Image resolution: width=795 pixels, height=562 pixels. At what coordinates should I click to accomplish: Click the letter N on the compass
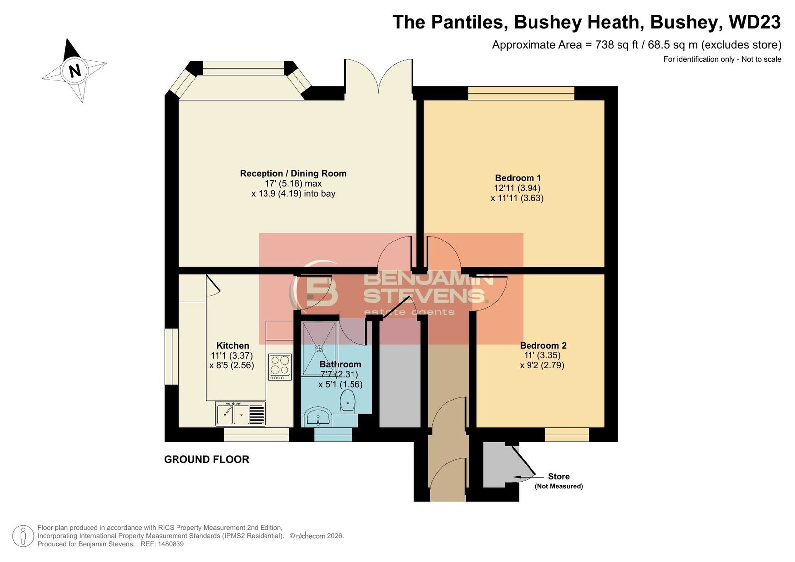click(75, 70)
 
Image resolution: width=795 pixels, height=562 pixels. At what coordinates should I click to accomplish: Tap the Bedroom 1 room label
click(518, 178)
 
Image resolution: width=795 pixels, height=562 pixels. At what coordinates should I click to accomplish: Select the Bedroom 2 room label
click(543, 345)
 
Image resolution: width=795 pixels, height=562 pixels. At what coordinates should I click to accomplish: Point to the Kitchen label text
click(233, 345)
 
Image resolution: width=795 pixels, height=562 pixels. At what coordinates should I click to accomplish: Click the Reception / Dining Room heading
click(293, 173)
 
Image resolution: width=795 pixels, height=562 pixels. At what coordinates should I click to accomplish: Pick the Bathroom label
click(340, 364)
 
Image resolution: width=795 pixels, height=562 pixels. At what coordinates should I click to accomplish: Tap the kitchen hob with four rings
click(280, 367)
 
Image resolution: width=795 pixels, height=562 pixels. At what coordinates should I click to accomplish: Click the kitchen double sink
click(240, 414)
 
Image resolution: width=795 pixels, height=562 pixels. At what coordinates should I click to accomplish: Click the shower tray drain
click(319, 349)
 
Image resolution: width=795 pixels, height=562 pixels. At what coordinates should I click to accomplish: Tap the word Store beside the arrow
click(559, 476)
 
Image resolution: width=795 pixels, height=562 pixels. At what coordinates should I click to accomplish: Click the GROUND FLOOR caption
click(206, 460)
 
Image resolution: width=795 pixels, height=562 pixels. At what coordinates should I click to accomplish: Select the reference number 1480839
click(171, 544)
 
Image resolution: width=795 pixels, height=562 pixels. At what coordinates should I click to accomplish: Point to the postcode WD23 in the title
click(755, 22)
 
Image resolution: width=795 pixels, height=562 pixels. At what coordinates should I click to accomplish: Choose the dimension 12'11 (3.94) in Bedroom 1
click(517, 188)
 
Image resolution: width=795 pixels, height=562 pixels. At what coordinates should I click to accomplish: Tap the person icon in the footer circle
click(23, 536)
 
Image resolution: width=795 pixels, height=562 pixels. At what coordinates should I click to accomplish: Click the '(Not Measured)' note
click(559, 486)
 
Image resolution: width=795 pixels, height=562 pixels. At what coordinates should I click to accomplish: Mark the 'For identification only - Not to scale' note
click(722, 59)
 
